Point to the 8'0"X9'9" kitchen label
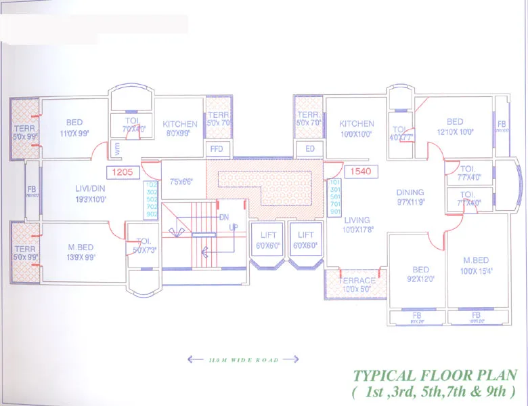point(179,134)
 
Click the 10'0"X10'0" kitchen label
point(356,134)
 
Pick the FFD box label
point(217,148)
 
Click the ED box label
point(310,148)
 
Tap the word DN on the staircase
point(224,217)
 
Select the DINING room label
point(410,192)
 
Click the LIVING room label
point(357,220)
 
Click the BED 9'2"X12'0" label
point(420,274)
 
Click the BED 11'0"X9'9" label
point(74,127)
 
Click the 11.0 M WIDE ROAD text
point(234,359)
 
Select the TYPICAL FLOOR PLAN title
point(435,375)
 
